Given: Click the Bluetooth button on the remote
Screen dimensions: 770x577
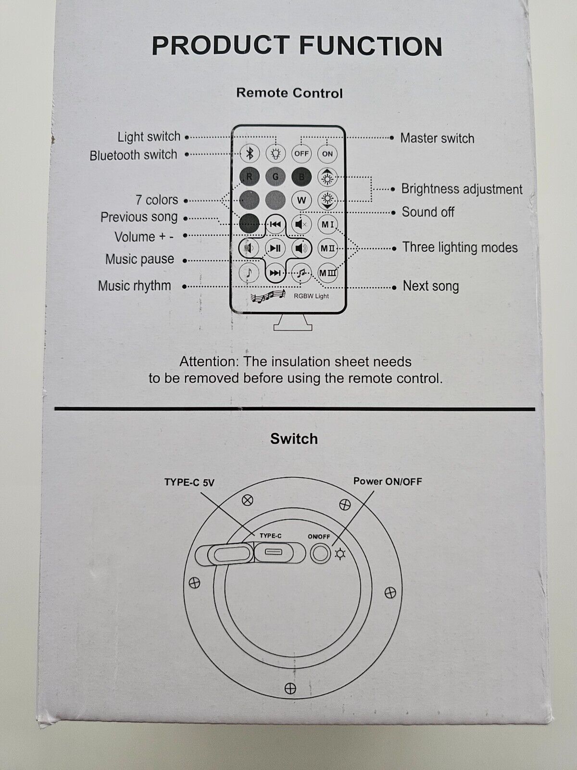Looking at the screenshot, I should pyautogui.click(x=250, y=154).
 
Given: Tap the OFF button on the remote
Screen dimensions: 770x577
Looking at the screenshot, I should pyautogui.click(x=301, y=154).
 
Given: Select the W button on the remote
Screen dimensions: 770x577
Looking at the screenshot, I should pyautogui.click(x=301, y=200).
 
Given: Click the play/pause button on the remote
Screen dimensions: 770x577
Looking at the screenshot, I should pyautogui.click(x=275, y=248).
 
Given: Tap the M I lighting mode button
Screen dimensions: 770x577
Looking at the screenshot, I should pyautogui.click(x=327, y=224).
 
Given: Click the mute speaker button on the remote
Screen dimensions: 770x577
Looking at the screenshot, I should pyautogui.click(x=301, y=224).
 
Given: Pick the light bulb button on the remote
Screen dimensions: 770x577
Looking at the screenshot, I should pyautogui.click(x=276, y=154).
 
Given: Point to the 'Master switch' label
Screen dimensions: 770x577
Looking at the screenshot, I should pyautogui.click(x=437, y=139).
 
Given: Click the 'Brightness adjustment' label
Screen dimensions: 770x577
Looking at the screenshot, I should pyautogui.click(x=462, y=189).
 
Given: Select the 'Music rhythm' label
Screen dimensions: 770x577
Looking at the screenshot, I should pyautogui.click(x=135, y=286).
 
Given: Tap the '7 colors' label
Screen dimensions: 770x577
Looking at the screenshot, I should pyautogui.click(x=157, y=200).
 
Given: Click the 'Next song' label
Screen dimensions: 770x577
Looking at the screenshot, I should pyautogui.click(x=431, y=286).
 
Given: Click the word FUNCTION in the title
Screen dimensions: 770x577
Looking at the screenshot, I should pyautogui.click(x=370, y=46).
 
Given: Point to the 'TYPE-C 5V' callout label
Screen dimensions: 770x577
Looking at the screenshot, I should pyautogui.click(x=189, y=482).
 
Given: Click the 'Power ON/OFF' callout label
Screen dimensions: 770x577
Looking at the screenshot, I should pyautogui.click(x=388, y=481).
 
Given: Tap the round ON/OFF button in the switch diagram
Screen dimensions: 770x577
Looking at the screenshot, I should pyautogui.click(x=320, y=553).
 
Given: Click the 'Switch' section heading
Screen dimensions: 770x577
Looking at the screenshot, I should pyautogui.click(x=294, y=439).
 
